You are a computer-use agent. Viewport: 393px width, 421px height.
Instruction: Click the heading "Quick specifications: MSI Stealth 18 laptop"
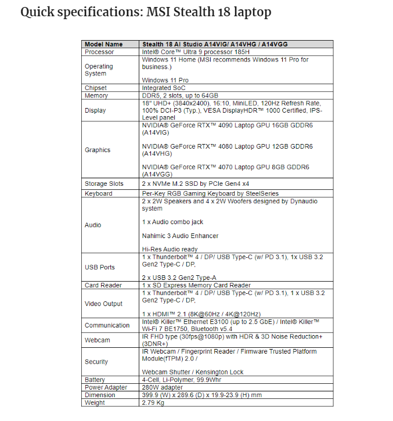click(146, 12)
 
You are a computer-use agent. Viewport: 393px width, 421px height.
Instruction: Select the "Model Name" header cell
click(104, 44)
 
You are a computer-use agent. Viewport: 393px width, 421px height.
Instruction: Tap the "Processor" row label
click(99, 52)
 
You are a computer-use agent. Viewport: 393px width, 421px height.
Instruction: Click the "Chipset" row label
click(96, 88)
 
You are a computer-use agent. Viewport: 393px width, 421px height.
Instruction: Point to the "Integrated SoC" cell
click(164, 88)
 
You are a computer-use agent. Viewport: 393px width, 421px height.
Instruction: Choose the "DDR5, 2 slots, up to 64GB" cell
click(180, 95)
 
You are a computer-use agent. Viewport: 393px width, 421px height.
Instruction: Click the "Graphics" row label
click(98, 150)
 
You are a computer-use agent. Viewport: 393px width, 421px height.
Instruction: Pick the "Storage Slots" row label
click(104, 184)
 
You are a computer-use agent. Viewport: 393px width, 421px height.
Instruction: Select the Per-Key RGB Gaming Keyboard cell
click(210, 193)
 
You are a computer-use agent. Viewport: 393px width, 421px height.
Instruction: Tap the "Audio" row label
click(93, 225)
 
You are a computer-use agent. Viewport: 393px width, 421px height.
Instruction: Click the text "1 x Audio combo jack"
click(172, 222)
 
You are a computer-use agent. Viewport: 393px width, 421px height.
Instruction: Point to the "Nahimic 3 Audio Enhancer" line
click(180, 236)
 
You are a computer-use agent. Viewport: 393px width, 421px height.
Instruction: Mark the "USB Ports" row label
click(100, 267)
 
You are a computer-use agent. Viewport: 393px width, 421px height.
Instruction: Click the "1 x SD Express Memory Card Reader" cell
click(196, 285)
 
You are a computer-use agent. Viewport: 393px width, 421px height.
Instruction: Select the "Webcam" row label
click(97, 340)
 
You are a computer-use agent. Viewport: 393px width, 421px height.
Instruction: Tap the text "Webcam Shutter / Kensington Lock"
click(193, 372)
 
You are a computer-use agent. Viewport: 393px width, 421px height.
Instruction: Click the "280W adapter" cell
click(163, 387)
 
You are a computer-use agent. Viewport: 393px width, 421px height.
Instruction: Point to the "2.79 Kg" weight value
click(154, 402)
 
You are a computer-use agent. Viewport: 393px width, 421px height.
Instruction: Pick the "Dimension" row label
click(100, 395)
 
